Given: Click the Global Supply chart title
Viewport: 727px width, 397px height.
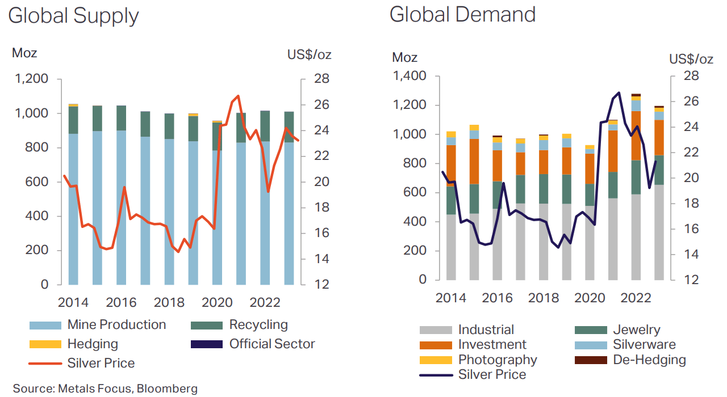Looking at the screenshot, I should click(73, 15).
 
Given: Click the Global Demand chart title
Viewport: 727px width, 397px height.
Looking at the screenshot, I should click(462, 14).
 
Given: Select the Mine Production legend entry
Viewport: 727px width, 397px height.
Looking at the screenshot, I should click(116, 325).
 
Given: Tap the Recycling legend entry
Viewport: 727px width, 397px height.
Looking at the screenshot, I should click(258, 325).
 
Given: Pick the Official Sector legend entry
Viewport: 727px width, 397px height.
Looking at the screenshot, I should click(271, 344).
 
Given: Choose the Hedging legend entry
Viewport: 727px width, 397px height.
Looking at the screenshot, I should click(93, 344).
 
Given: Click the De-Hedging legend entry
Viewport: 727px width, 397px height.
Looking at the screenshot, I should click(649, 360).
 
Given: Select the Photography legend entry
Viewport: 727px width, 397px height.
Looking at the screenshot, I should click(497, 360).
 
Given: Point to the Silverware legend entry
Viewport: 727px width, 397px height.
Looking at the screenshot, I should click(644, 345).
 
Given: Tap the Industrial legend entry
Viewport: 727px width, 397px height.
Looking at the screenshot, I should click(486, 330).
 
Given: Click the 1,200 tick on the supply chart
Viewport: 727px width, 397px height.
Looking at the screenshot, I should click(32, 79).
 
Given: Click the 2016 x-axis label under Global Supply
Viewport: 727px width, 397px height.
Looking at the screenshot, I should click(121, 302).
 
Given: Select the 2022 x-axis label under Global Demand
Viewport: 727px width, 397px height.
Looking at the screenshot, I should click(636, 298).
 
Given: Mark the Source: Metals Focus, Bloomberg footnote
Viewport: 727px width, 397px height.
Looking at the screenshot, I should click(105, 388).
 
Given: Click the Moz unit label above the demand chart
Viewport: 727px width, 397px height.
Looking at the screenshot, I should click(404, 57).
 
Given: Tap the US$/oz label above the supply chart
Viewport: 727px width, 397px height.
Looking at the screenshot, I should click(309, 55).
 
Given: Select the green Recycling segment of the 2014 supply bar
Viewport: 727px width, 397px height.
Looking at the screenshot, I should click(73, 120).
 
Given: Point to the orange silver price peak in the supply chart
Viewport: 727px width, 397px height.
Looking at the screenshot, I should click(238, 96).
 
